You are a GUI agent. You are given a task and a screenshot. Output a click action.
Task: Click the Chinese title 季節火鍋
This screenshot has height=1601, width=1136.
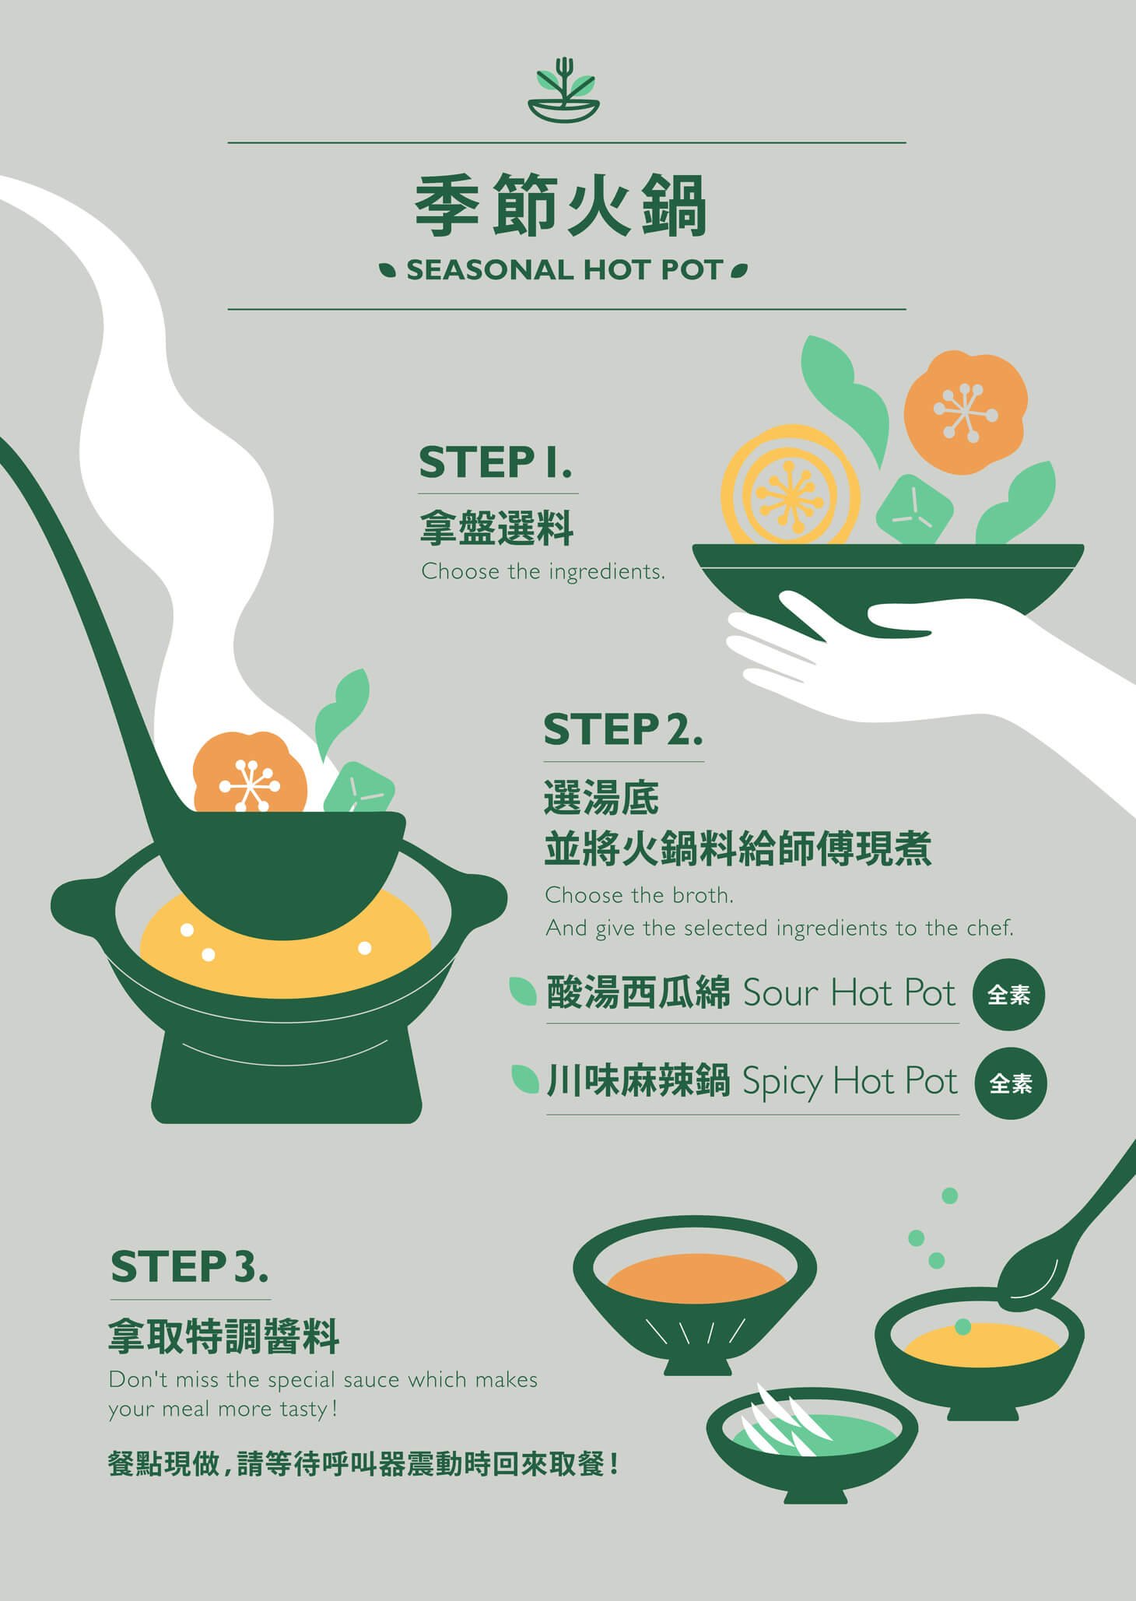560,205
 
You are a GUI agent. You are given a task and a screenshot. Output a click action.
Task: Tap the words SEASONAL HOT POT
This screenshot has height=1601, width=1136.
565,270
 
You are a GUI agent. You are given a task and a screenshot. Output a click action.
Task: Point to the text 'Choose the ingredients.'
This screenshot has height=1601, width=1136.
543,571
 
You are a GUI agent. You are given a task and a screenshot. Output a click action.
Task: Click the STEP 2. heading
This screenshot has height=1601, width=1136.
622,730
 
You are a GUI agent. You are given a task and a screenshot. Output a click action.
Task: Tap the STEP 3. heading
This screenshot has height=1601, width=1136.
189,1267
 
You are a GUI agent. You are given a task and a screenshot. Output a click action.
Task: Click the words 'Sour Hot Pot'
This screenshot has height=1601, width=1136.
849,993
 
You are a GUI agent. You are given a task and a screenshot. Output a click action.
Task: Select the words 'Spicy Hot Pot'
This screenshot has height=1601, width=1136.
850,1082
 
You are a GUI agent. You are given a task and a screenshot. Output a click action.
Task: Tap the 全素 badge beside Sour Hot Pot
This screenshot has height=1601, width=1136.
1008,995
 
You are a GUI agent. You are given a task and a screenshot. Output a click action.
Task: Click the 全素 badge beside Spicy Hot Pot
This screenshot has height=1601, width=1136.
1010,1083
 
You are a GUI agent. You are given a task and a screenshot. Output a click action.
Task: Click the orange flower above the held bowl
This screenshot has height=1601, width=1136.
965,412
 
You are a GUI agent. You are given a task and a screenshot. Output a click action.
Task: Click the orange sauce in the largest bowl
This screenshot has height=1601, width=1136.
696,1281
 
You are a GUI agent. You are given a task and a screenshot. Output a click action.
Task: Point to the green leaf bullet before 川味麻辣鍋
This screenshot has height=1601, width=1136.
525,1080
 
